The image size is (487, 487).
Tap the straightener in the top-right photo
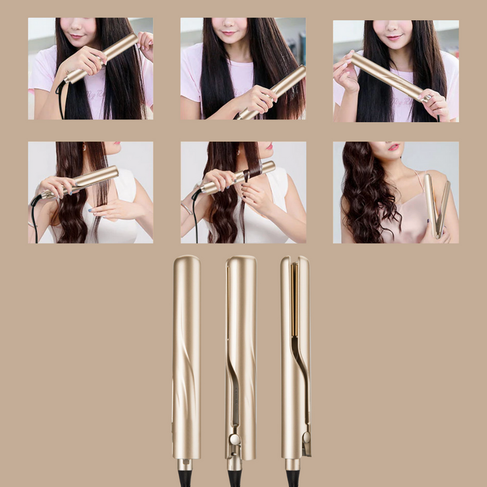coord(390,77)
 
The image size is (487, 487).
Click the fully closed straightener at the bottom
coord(186,359)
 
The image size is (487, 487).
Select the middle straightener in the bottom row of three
coord(240,359)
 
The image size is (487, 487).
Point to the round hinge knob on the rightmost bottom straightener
coord(306,437)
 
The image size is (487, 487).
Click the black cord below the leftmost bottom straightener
coord(185,477)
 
